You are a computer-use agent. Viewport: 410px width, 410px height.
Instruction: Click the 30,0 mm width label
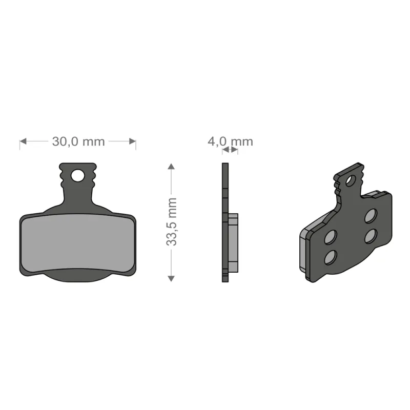(78, 141)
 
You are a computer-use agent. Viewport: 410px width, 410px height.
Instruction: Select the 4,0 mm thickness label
(230, 141)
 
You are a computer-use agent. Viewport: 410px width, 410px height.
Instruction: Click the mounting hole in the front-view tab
(77, 176)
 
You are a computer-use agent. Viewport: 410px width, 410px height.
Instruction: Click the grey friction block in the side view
(233, 243)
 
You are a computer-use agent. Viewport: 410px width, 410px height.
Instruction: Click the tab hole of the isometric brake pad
(350, 180)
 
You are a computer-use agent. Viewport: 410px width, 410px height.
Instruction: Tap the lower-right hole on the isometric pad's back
(371, 235)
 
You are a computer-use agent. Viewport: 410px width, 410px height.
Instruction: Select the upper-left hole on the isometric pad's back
(331, 237)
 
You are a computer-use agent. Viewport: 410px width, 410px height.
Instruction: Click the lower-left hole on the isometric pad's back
(331, 256)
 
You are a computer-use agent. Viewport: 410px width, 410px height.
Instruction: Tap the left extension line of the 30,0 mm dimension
(20, 145)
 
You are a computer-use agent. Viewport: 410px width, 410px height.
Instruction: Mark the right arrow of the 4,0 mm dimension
(234, 150)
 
